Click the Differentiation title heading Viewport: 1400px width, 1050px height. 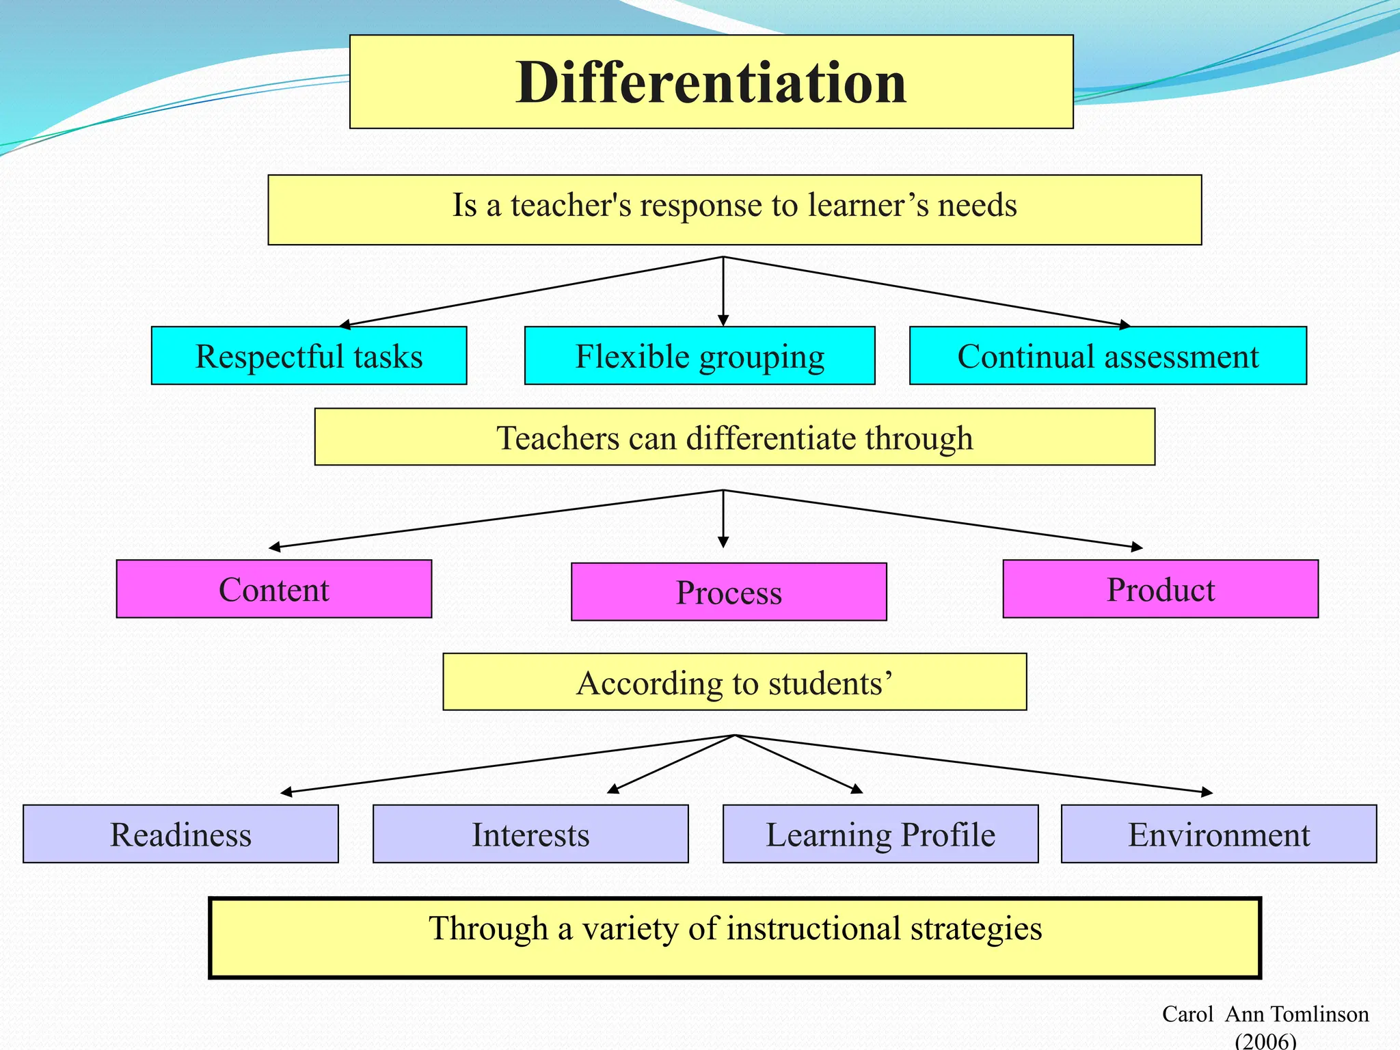coord(711,82)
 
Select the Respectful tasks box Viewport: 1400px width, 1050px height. coord(309,356)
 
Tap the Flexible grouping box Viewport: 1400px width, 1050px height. coord(699,356)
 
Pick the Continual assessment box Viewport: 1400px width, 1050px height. coord(1107,356)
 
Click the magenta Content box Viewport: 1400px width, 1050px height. coord(273,589)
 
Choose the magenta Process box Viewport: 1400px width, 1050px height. coord(729,592)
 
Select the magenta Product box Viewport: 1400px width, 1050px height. coord(1160,589)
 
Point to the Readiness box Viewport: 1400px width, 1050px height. coord(180,834)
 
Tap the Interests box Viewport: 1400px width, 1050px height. coord(530,834)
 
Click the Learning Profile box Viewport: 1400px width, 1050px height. coord(880,834)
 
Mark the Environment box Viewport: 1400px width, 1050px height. coord(1219,834)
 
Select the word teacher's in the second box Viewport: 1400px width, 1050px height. coord(571,205)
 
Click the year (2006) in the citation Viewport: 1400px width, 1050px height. coord(1265,1040)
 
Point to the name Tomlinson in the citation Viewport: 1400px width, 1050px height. coord(1319,1014)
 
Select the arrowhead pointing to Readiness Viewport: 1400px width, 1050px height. coord(286,792)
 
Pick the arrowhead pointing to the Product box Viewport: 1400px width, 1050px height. coord(1137,547)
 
